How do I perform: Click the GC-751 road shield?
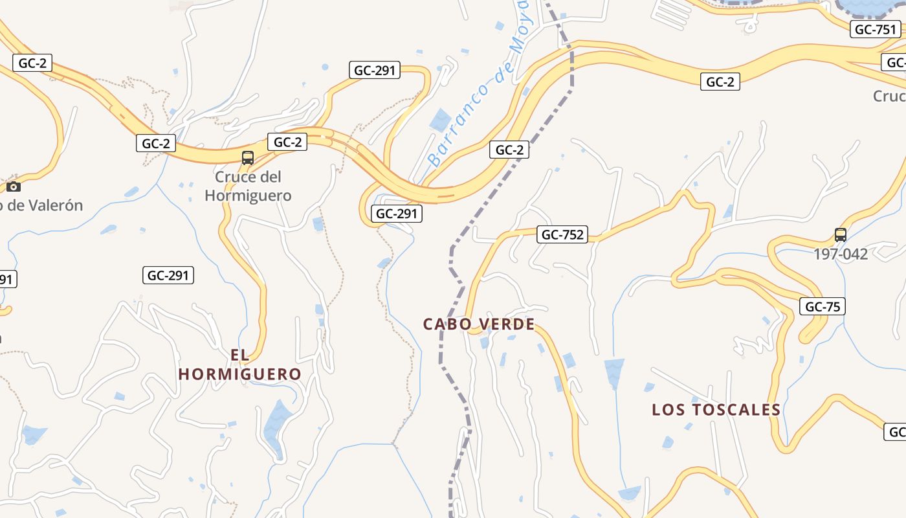pyautogui.click(x=876, y=29)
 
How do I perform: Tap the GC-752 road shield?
pyautogui.click(x=562, y=234)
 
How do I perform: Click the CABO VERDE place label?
pyautogui.click(x=479, y=324)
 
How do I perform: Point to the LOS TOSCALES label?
pyautogui.click(x=716, y=410)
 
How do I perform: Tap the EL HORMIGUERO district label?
pyautogui.click(x=240, y=365)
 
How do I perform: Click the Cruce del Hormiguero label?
pyautogui.click(x=248, y=186)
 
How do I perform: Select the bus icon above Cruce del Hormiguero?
pyautogui.click(x=247, y=157)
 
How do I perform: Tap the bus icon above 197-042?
pyautogui.click(x=840, y=235)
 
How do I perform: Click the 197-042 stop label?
pyautogui.click(x=841, y=254)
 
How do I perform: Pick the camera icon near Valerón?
pyautogui.click(x=14, y=187)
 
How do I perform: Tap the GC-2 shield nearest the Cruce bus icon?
pyautogui.click(x=287, y=142)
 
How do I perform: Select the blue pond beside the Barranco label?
pyautogui.click(x=441, y=120)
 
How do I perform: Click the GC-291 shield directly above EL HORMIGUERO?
pyautogui.click(x=168, y=275)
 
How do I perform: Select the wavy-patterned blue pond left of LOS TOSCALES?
pyautogui.click(x=614, y=372)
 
